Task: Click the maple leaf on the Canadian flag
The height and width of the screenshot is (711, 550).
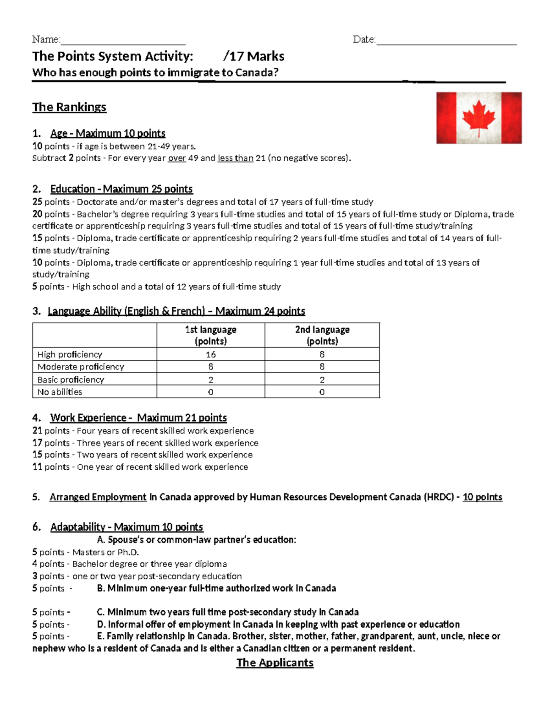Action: coord(479,118)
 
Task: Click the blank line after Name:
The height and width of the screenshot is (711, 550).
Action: coord(123,41)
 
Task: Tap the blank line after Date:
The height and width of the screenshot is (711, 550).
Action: coord(446,41)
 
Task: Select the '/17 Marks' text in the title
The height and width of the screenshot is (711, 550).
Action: coord(253,56)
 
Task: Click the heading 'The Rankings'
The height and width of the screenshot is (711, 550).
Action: coord(69,107)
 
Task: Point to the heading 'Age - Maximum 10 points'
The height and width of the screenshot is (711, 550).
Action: coord(108,133)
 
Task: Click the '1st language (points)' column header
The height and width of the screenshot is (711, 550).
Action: coord(210,335)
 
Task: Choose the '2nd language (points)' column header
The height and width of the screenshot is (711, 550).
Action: coord(322,335)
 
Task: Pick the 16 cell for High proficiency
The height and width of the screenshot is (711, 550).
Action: coord(210,354)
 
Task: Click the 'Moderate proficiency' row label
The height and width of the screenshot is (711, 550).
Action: coord(81,367)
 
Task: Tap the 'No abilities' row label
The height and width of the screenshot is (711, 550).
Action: coord(60,392)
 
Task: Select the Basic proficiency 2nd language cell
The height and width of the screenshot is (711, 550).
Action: coord(322,380)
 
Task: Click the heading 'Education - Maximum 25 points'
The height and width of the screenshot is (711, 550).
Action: coord(121,189)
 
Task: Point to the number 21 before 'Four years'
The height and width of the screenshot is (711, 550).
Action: coord(37,431)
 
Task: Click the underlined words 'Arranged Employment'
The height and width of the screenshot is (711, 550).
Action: coord(98,497)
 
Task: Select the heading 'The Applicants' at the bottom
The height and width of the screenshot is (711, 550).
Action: coord(275,662)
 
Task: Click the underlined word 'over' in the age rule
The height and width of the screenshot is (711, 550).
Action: coord(177,158)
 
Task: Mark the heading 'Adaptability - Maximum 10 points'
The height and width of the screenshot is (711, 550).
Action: coord(126,527)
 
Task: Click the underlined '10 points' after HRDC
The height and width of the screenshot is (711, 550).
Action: coord(482,497)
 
